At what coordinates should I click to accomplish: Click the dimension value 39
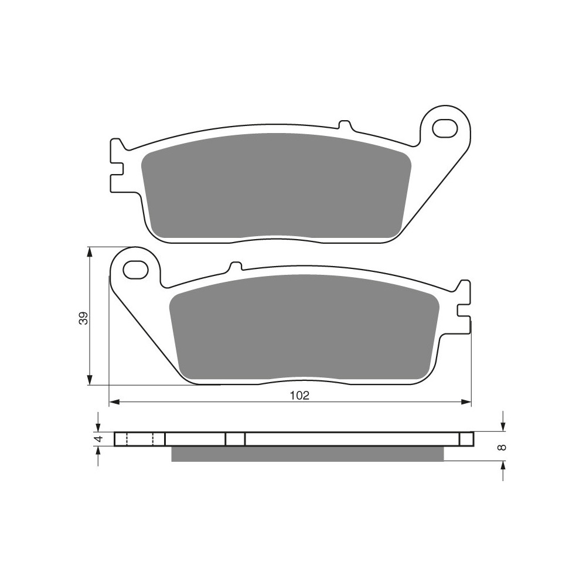(84, 318)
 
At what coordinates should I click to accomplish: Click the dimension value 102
(299, 396)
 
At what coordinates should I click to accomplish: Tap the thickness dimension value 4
(98, 439)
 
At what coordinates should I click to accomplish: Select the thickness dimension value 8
(503, 447)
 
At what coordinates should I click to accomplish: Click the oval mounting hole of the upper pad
(445, 128)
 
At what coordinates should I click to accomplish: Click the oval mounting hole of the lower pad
(135, 270)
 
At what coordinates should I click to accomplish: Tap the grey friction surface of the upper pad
(277, 186)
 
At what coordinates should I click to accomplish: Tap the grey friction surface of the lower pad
(305, 326)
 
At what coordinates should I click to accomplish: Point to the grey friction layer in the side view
(308, 454)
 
